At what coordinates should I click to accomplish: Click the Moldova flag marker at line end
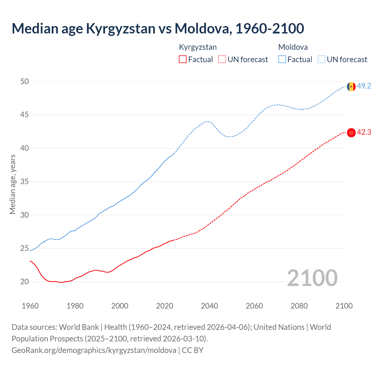pos(351,86)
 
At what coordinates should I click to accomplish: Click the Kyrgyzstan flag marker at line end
pos(351,133)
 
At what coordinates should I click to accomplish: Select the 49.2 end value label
pos(364,86)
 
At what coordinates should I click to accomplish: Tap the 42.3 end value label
pos(364,132)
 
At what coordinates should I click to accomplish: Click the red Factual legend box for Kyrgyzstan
pos(183,60)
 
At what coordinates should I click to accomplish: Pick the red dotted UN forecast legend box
pos(222,60)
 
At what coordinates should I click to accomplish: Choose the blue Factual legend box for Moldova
pos(282,60)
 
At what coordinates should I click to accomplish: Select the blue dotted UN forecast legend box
pos(321,60)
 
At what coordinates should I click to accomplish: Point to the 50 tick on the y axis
pos(25,81)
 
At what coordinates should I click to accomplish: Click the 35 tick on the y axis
pos(25,182)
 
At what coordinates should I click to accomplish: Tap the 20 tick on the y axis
pos(25,282)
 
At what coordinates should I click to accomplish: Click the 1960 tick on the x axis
pos(30,306)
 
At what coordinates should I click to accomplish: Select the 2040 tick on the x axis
pos(209,306)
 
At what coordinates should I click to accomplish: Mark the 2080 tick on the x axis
pos(299,306)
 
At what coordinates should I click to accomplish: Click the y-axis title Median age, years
pos(12,184)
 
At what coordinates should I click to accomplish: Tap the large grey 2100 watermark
pos(312,278)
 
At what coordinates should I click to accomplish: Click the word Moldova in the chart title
pos(201,28)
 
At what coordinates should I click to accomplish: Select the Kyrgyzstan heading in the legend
pos(198,47)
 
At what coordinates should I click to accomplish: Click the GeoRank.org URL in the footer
pos(94,350)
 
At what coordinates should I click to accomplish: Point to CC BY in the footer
pos(192,350)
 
